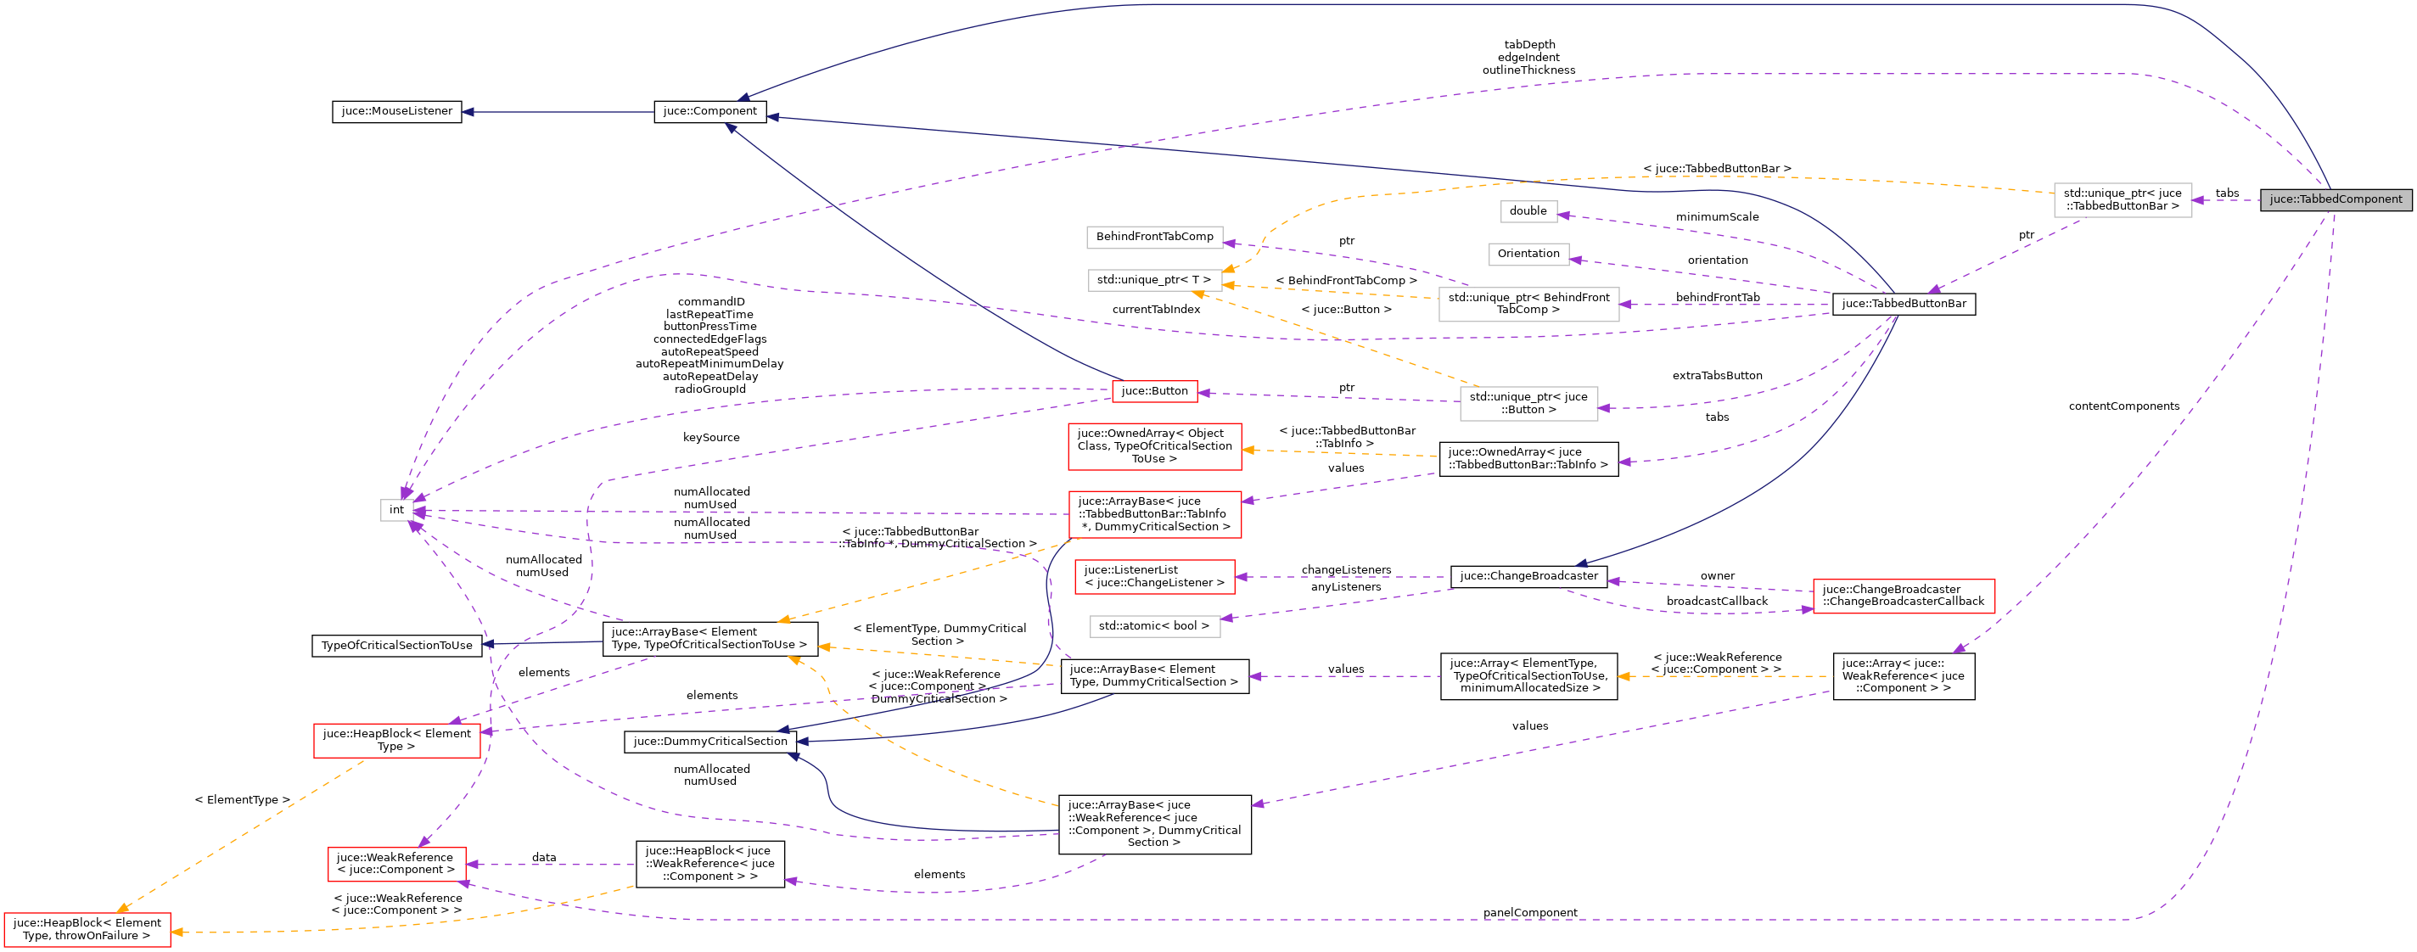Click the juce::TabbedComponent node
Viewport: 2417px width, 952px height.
2335,199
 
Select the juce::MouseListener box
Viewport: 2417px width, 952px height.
397,112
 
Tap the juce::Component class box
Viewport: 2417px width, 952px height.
709,112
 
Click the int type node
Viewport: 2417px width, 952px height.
397,510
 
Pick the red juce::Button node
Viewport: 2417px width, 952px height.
1154,391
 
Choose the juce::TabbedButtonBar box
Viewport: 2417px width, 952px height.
1903,304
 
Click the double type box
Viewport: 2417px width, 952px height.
1528,211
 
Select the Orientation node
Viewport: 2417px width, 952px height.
1528,255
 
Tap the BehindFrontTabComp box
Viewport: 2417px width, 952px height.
1154,238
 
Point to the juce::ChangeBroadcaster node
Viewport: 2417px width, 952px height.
1528,576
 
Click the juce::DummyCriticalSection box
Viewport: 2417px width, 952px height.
710,742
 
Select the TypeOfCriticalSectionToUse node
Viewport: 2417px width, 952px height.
397,647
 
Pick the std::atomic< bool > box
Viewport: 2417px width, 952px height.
1153,626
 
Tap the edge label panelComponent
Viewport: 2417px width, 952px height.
1529,913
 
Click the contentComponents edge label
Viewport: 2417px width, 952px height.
2123,406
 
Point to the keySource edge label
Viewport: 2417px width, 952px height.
711,438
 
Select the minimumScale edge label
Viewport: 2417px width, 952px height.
1717,217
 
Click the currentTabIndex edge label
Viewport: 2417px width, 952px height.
1156,310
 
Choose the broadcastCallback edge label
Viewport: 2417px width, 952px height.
1716,602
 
